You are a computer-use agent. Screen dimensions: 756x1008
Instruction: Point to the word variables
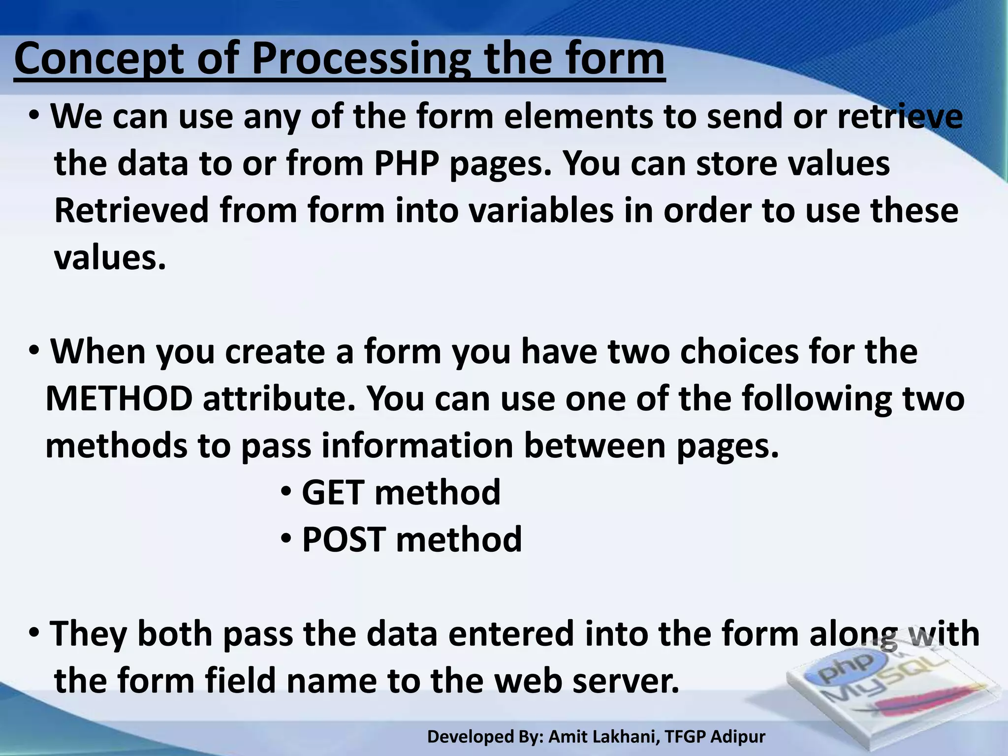pyautogui.click(x=540, y=211)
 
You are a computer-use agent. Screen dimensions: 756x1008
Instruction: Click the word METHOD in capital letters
pyautogui.click(x=119, y=399)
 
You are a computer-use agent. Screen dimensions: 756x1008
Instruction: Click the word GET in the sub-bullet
pyautogui.click(x=333, y=493)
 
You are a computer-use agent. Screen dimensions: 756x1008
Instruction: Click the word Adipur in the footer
pyautogui.click(x=738, y=737)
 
